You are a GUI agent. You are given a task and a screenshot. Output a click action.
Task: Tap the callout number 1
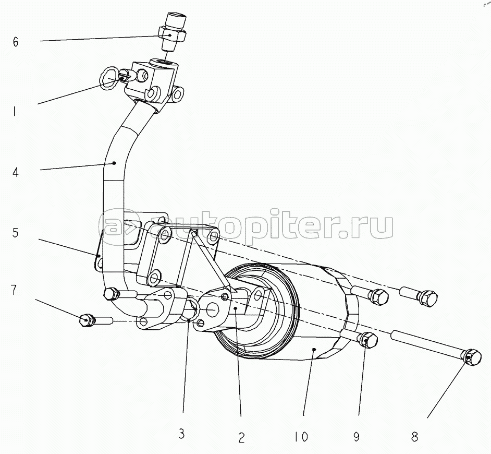point(15,111)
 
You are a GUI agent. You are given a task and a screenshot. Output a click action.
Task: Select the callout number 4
point(16,172)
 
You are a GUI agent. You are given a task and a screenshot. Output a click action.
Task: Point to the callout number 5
point(16,233)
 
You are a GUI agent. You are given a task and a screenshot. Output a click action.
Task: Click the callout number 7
point(15,291)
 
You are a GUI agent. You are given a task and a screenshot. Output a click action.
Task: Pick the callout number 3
point(181,434)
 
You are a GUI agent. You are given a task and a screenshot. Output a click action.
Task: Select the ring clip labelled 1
point(110,77)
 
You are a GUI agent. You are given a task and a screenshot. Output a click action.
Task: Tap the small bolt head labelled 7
point(87,319)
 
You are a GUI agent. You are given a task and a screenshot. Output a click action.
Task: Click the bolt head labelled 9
point(369,340)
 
